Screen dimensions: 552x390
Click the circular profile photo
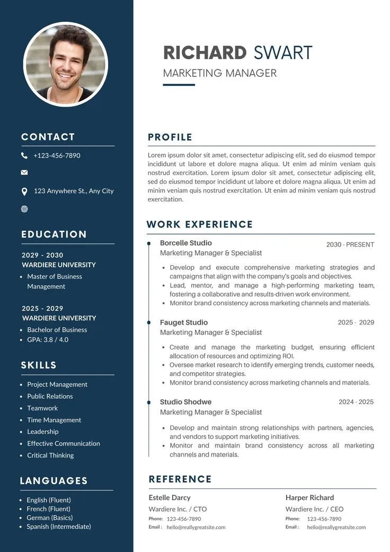(66, 64)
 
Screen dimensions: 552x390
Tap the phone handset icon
(24, 155)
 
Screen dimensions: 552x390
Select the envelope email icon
(24, 172)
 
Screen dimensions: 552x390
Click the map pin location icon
(24, 191)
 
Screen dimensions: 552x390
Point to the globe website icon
(24, 209)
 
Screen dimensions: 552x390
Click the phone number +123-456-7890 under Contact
(57, 155)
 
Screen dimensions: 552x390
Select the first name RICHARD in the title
(205, 53)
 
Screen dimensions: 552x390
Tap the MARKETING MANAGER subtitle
(220, 73)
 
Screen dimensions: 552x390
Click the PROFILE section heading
(170, 137)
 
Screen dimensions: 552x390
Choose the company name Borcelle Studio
(185, 243)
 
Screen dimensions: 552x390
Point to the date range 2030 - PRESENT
(350, 244)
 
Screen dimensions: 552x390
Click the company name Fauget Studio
(184, 322)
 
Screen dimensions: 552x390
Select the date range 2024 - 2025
(356, 402)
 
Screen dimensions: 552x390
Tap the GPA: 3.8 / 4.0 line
(48, 339)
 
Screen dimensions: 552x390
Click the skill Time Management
(54, 420)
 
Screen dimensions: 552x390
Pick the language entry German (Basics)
(50, 518)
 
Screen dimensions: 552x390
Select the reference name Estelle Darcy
(170, 497)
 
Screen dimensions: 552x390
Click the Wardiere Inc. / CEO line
(314, 509)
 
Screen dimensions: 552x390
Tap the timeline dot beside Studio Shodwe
(149, 403)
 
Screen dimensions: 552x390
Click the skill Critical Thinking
(50, 455)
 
